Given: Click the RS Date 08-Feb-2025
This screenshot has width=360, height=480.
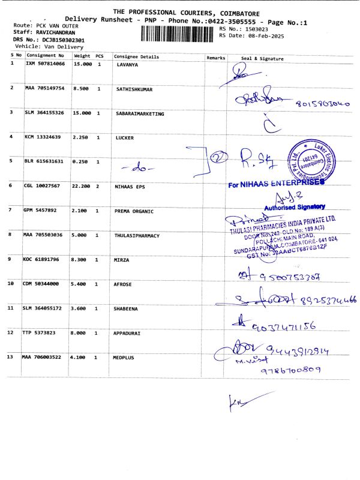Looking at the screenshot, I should [246, 35].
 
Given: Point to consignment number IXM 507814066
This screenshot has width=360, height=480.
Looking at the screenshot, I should [46, 64].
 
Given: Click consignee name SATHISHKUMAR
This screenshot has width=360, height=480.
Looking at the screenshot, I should [134, 89].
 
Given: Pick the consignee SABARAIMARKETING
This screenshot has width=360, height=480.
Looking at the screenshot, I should [139, 113].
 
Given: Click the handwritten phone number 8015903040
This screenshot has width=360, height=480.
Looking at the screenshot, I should [322, 103].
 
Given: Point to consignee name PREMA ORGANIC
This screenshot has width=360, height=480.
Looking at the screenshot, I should [134, 211].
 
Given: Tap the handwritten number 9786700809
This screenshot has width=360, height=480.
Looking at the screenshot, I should [290, 370].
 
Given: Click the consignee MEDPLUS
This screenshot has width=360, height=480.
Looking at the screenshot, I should [124, 357].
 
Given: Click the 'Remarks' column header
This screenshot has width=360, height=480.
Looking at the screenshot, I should [215, 58].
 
